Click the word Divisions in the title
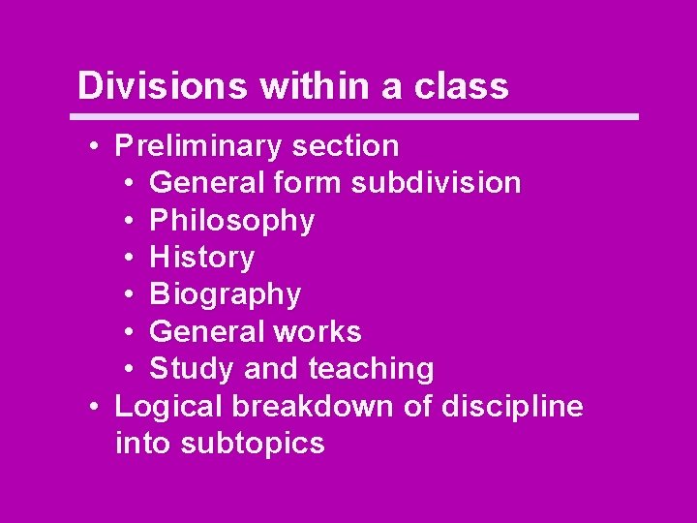[x=163, y=85]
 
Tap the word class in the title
[x=461, y=85]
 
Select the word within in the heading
[x=316, y=85]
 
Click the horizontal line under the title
[x=358, y=117]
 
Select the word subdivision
[x=436, y=183]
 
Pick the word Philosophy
[x=232, y=221]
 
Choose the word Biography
[x=226, y=294]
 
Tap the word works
[x=317, y=331]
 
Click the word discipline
[x=512, y=406]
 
